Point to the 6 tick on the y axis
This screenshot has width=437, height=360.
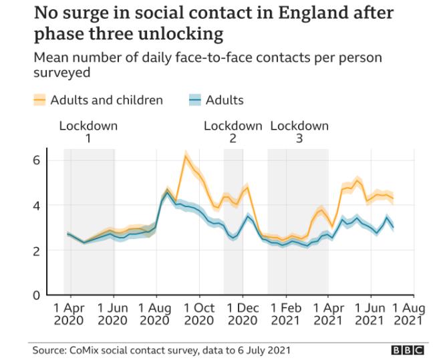tap(38, 160)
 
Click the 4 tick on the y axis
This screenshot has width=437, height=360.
tap(38, 206)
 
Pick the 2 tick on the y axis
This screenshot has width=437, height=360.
tap(38, 250)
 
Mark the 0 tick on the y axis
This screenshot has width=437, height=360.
tap(38, 295)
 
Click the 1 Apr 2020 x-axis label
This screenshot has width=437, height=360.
tap(69, 314)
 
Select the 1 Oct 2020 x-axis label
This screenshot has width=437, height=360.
tap(198, 314)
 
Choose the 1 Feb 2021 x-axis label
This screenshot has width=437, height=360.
tap(285, 314)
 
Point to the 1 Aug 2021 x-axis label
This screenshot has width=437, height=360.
tap(407, 314)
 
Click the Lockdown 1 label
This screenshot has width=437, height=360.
tap(88, 132)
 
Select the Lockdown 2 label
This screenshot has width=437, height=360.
tap(233, 132)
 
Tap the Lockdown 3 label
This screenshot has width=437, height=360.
tap(299, 132)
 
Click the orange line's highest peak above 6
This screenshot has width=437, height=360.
tap(186, 156)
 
